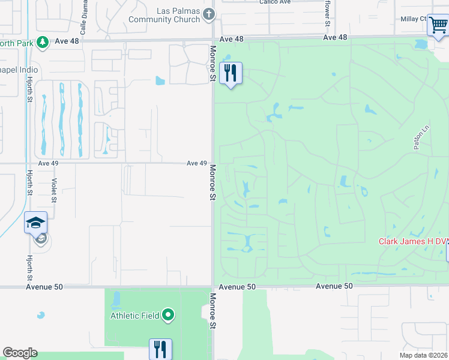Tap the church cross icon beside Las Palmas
pyautogui.click(x=209, y=14)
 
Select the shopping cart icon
pyautogui.click(x=438, y=26)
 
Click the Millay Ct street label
pyautogui.click(x=414, y=19)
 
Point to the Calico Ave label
pyautogui.click(x=275, y=2)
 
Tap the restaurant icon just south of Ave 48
pyautogui.click(x=231, y=73)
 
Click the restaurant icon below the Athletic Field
pyautogui.click(x=160, y=349)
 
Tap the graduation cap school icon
pyautogui.click(x=35, y=223)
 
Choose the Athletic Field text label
pyautogui.click(x=134, y=316)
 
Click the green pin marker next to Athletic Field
pyautogui.click(x=169, y=315)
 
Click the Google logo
pyautogui.click(x=20, y=353)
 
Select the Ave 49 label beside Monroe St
pyautogui.click(x=196, y=163)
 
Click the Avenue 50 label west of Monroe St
pyautogui.click(x=44, y=287)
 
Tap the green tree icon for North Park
pyautogui.click(x=43, y=41)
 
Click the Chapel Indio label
pyautogui.click(x=19, y=70)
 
